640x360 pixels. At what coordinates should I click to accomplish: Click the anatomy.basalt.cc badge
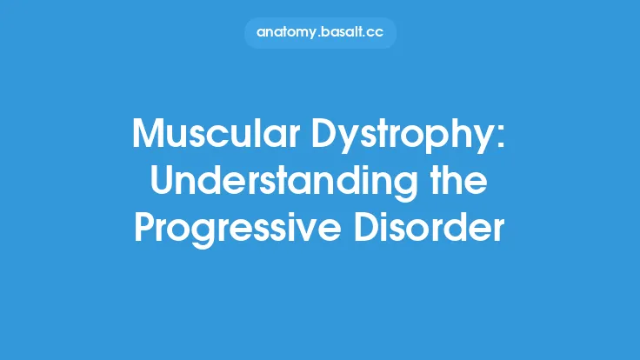tap(320, 33)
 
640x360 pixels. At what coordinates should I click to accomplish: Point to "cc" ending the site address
tap(376, 33)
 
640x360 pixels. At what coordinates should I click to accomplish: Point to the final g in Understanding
tap(408, 187)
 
